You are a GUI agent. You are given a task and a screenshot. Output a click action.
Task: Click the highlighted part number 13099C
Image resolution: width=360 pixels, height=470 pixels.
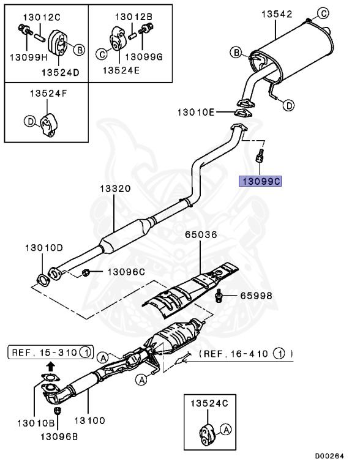coord(260,181)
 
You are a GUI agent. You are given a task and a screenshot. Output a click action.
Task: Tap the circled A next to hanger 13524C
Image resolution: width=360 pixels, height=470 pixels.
coord(225,431)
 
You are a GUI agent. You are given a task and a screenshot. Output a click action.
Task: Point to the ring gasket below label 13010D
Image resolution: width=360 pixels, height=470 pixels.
coord(43,281)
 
